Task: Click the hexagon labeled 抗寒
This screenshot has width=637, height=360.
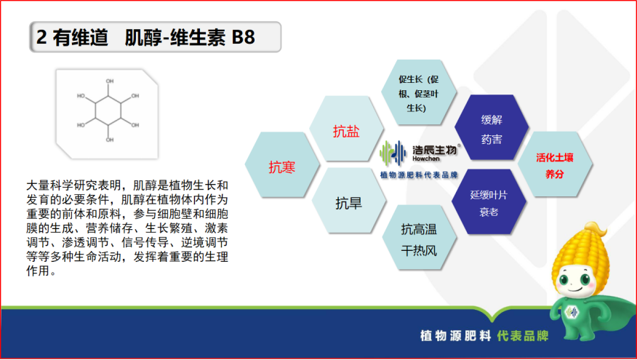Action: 281,167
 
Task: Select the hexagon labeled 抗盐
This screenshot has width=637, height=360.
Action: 346,131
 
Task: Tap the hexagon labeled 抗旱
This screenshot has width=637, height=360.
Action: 348,203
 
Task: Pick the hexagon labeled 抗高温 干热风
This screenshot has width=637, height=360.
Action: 419,239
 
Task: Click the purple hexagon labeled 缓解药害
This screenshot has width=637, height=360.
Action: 492,129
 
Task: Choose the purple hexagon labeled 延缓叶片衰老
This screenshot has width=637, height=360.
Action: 489,204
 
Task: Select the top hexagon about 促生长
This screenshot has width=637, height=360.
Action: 420,93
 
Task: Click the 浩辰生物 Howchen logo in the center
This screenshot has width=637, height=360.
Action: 419,153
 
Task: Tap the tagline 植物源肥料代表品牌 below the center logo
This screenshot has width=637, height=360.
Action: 419,176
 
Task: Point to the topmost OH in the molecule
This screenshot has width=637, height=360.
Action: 110,81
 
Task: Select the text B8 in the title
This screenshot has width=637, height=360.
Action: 244,37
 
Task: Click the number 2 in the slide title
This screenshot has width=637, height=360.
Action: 42,37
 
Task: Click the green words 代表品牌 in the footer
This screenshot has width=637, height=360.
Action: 522,336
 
